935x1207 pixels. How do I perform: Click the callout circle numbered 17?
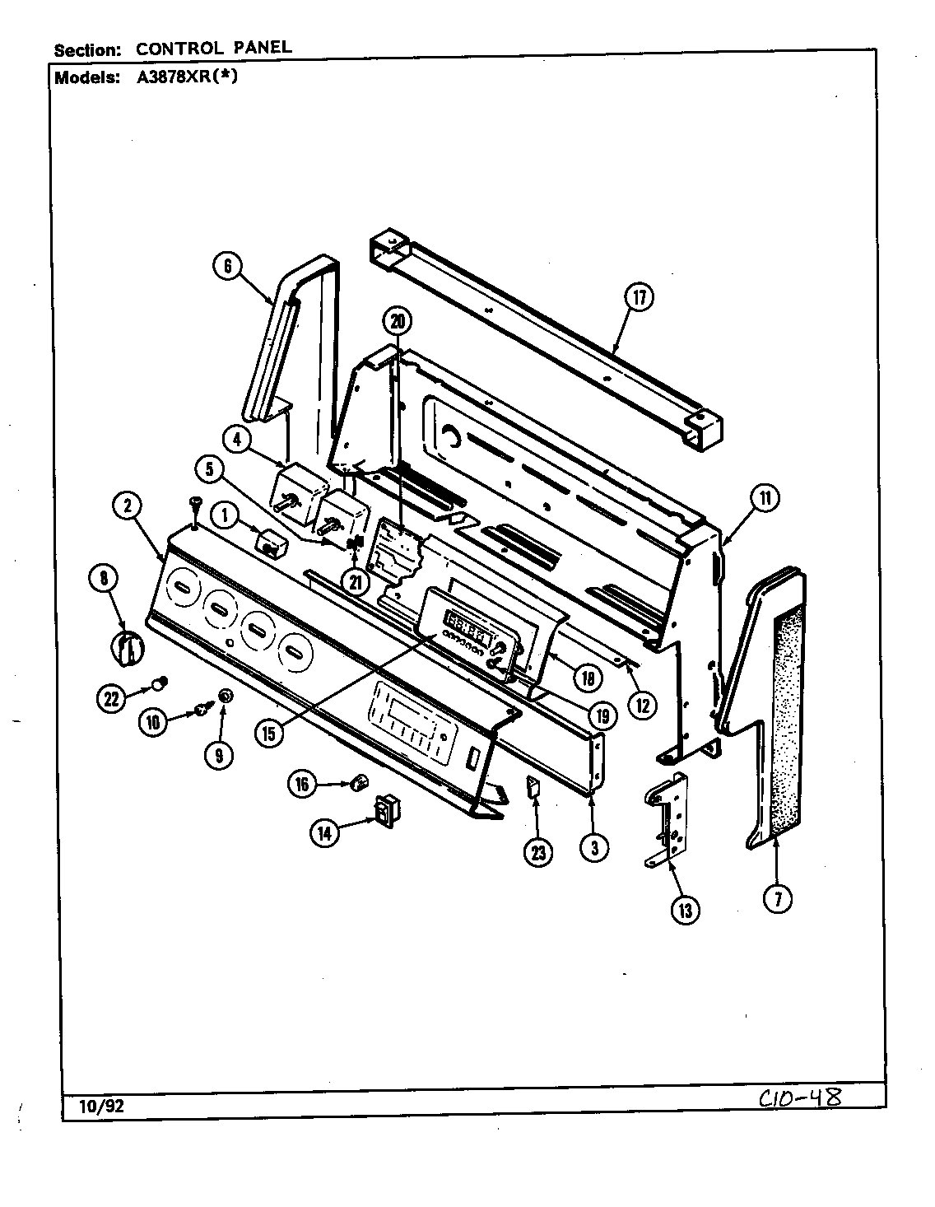pyautogui.click(x=640, y=297)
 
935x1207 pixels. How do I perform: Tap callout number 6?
pyautogui.click(x=227, y=266)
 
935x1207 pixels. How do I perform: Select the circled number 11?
pyautogui.click(x=765, y=497)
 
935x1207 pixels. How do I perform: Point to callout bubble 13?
pyautogui.click(x=685, y=909)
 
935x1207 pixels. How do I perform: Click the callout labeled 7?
pyautogui.click(x=777, y=899)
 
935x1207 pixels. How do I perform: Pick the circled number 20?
pyautogui.click(x=399, y=320)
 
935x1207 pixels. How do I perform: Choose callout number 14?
pyautogui.click(x=325, y=833)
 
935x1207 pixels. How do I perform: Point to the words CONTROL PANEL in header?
pyautogui.click(x=214, y=48)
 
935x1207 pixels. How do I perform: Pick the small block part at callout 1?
pyautogui.click(x=270, y=543)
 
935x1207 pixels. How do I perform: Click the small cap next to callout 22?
pyautogui.click(x=160, y=683)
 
